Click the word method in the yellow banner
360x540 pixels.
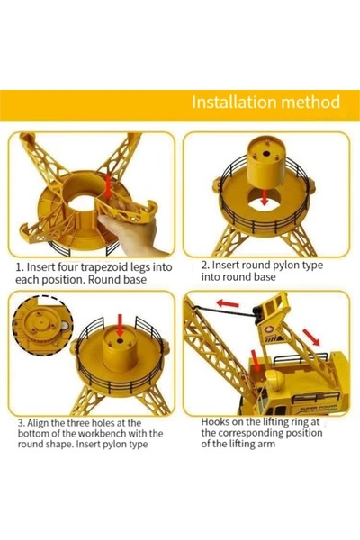pos(310,103)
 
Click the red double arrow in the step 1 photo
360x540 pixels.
pos(108,185)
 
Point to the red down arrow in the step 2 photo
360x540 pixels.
pos(265,197)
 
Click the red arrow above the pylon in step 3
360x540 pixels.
pos(120,324)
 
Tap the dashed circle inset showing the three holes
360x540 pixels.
pos(42,323)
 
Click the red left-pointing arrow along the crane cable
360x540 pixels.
pos(228,303)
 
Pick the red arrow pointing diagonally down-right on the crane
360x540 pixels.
pos(311,337)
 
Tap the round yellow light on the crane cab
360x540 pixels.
pos(278,379)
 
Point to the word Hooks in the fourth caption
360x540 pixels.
pos(213,421)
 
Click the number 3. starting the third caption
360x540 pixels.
pos(22,423)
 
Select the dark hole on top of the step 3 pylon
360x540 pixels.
pos(120,341)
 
